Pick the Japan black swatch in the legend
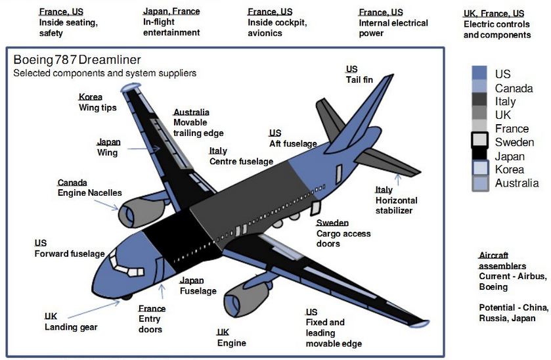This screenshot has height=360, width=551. pyautogui.click(x=479, y=156)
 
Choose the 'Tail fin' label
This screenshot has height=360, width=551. pyautogui.click(x=359, y=79)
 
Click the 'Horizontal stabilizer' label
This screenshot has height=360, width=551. pyautogui.click(x=396, y=206)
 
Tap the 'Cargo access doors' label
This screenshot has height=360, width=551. pyautogui.click(x=343, y=238)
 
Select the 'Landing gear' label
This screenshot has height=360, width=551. pyautogui.click(x=71, y=327)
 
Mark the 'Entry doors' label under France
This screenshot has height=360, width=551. pyautogui.click(x=151, y=324)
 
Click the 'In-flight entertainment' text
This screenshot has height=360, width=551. pyautogui.click(x=171, y=28)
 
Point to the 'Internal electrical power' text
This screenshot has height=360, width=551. pyautogui.click(x=393, y=28)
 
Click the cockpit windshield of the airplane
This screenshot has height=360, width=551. pyautogui.click(x=121, y=263)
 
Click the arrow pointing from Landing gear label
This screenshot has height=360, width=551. pyautogui.click(x=92, y=310)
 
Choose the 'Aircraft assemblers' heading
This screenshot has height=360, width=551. pyautogui.click(x=502, y=260)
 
